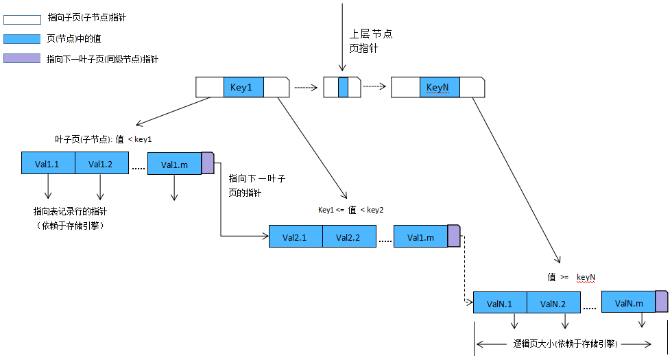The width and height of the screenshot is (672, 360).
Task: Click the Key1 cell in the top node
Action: click(243, 88)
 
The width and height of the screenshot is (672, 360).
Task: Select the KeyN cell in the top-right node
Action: click(440, 88)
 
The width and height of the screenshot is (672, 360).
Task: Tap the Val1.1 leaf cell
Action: click(47, 164)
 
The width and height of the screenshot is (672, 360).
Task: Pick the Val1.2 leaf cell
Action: click(101, 164)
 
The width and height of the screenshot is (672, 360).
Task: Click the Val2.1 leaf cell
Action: click(295, 237)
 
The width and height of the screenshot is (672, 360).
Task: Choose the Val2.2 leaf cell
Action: click(349, 237)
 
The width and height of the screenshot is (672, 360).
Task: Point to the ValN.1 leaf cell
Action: click(500, 303)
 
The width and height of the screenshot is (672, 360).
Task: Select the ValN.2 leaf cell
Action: click(553, 303)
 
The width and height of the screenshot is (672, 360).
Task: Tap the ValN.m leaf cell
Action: click(628, 302)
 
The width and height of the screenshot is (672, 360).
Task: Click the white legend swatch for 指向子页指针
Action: click(21, 19)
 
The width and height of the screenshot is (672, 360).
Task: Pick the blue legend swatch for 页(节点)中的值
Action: click(21, 39)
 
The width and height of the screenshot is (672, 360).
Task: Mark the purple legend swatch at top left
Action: click(21, 59)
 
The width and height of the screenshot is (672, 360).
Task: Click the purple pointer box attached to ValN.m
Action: click(662, 302)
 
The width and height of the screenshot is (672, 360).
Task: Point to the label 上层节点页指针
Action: click(371, 41)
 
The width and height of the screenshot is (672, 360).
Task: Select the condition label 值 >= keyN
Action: click(571, 277)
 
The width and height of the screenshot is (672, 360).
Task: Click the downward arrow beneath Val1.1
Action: click(48, 187)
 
